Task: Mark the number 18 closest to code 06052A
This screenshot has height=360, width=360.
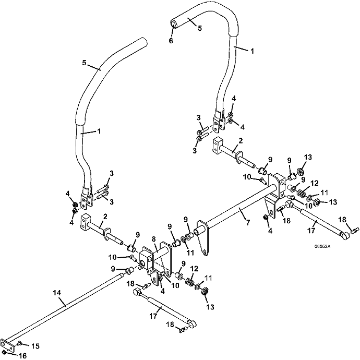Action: (x=343, y=220)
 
